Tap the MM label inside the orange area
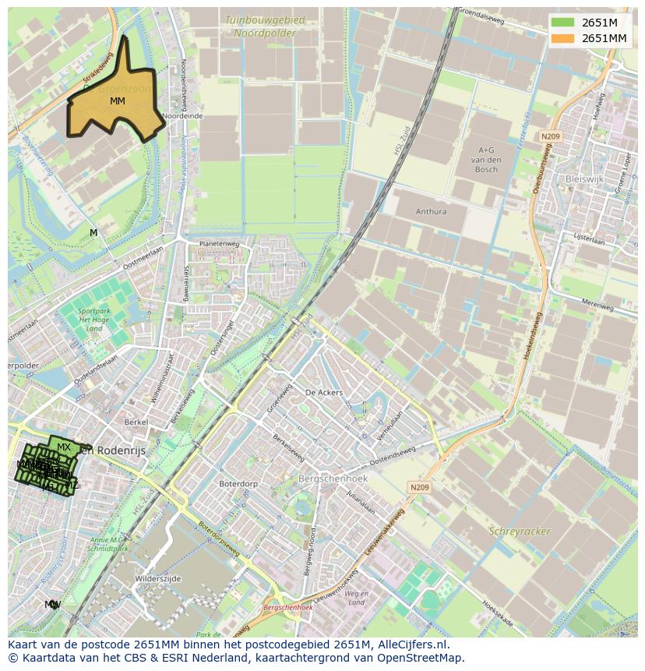pyautogui.click(x=118, y=101)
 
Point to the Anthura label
pyautogui.click(x=431, y=211)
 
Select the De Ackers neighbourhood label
pyautogui.click(x=324, y=393)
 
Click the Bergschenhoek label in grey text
pyautogui.click(x=332, y=478)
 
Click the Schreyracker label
pyautogui.click(x=520, y=532)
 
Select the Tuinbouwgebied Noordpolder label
pyautogui.click(x=259, y=26)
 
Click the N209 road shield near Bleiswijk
pyautogui.click(x=551, y=136)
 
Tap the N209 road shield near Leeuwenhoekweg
pyautogui.click(x=419, y=488)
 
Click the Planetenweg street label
pyautogui.click(x=219, y=243)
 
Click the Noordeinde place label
pyautogui.click(x=183, y=115)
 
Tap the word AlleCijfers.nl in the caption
pyautogui.click(x=414, y=645)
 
